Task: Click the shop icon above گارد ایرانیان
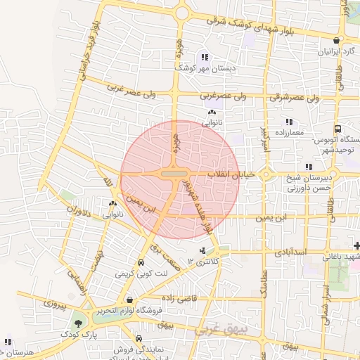(337, 41)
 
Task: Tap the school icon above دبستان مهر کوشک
(204, 57)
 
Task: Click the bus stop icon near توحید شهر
(338, 129)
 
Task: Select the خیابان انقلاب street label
(233, 174)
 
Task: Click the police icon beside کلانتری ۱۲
(203, 251)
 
